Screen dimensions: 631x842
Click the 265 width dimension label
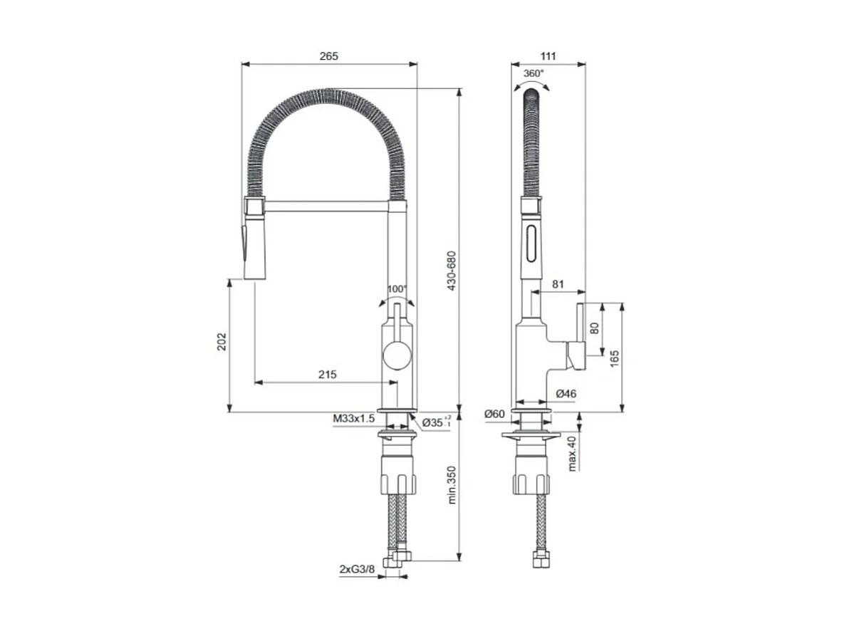tap(328, 56)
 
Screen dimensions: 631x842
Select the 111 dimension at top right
tap(547, 56)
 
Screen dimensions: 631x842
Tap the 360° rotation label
tap(534, 73)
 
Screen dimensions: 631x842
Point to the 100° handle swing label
tap(397, 289)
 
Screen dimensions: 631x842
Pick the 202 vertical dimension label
tap(221, 341)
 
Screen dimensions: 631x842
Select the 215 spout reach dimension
tap(328, 374)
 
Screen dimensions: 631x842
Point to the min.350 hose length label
tap(449, 486)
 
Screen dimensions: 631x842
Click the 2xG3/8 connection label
tap(357, 570)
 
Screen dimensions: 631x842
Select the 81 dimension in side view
tap(558, 284)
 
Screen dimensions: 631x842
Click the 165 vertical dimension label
tap(614, 358)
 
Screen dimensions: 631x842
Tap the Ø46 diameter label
tap(566, 393)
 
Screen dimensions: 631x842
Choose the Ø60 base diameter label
tap(494, 414)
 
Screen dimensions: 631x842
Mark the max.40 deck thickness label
tap(572, 454)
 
